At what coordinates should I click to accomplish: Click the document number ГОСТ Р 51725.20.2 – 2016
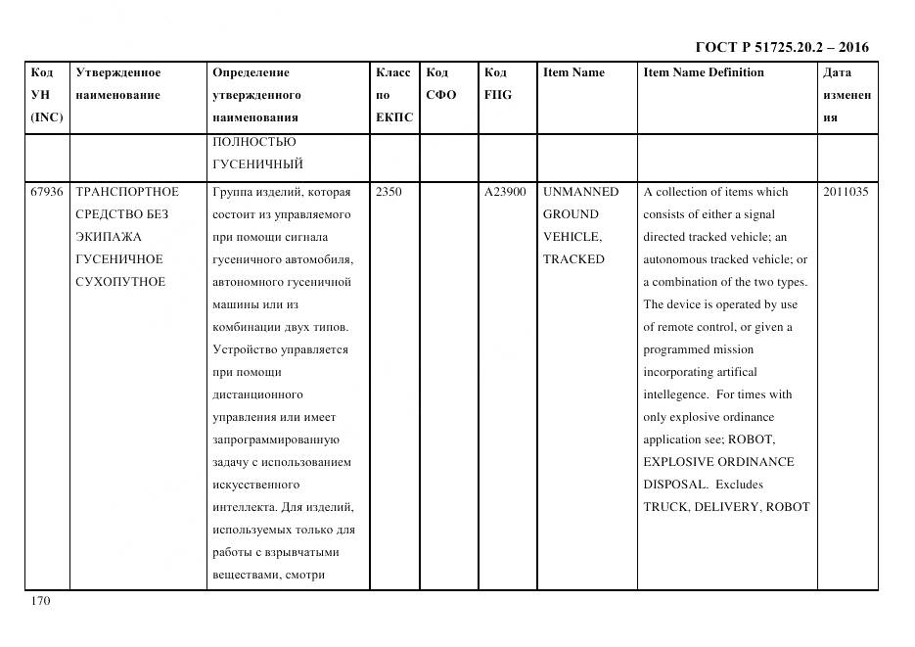click(781, 47)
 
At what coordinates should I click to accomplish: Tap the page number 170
click(40, 601)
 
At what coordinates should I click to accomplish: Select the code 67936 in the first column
click(46, 192)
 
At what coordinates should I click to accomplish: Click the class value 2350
click(389, 192)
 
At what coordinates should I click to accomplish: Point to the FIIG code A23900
click(505, 192)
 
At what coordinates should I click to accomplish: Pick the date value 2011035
click(845, 192)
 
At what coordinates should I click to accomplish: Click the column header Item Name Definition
click(704, 72)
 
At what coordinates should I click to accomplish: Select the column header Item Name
click(573, 72)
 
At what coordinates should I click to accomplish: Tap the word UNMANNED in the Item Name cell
click(580, 192)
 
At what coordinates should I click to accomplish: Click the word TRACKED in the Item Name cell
click(573, 259)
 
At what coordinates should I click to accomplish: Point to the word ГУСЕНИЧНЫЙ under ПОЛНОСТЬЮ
click(257, 163)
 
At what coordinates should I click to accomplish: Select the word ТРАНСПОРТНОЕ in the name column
click(127, 192)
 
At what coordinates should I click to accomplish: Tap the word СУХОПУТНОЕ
click(120, 282)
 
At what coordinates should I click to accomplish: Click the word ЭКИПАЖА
click(109, 237)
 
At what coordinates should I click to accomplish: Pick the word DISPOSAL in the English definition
click(673, 485)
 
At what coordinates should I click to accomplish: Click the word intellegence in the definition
click(675, 394)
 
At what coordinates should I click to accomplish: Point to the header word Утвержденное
click(118, 72)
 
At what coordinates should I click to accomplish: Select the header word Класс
click(392, 72)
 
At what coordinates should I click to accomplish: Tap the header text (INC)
click(47, 117)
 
